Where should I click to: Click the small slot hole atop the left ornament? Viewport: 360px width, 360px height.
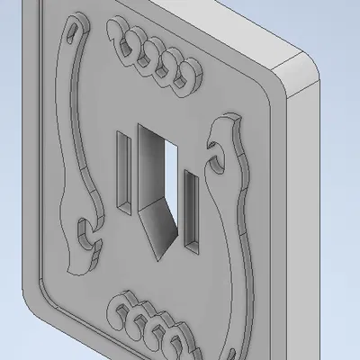point(72,33)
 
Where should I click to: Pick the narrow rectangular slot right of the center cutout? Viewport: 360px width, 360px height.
point(192,207)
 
